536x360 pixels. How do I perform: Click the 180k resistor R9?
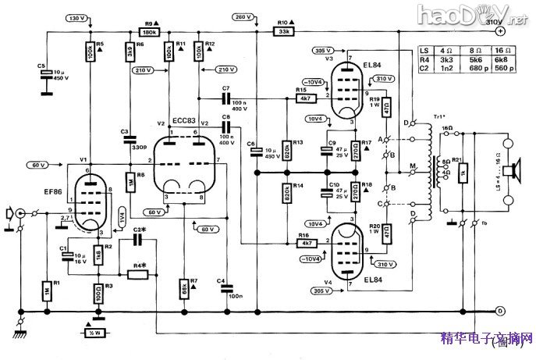[148, 32]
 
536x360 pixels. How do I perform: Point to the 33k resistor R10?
[282, 32]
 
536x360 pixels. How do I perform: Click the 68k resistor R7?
[184, 286]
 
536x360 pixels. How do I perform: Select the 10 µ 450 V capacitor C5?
[46, 73]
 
